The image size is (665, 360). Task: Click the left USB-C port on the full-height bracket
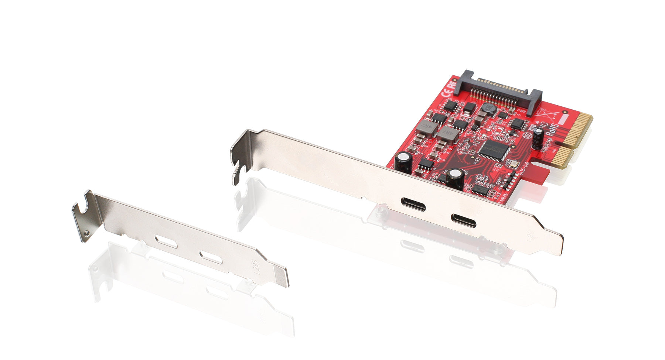(413, 203)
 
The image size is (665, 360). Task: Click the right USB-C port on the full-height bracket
(463, 221)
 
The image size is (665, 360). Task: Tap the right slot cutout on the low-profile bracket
(211, 258)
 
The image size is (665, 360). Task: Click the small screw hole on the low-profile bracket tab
(86, 233)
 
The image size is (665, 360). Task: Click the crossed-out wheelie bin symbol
(546, 113)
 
